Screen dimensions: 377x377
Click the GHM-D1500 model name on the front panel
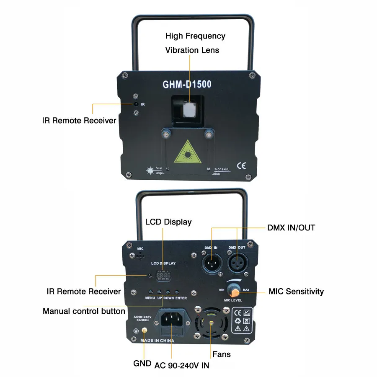click(x=187, y=84)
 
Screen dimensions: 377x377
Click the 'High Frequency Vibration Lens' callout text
click(x=195, y=43)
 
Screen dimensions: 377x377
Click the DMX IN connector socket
click(x=211, y=263)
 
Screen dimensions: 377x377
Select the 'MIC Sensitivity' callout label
click(x=296, y=291)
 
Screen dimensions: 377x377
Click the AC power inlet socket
click(x=171, y=322)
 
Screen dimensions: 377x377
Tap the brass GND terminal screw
click(x=144, y=331)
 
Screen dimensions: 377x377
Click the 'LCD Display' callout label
click(x=168, y=222)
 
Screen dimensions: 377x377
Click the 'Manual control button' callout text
click(x=84, y=311)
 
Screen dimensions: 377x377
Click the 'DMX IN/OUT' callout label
click(x=291, y=228)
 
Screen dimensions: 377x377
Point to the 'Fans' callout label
click(x=222, y=354)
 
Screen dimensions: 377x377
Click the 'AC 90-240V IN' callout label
click(x=182, y=365)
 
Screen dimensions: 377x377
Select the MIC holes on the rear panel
click(x=140, y=256)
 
